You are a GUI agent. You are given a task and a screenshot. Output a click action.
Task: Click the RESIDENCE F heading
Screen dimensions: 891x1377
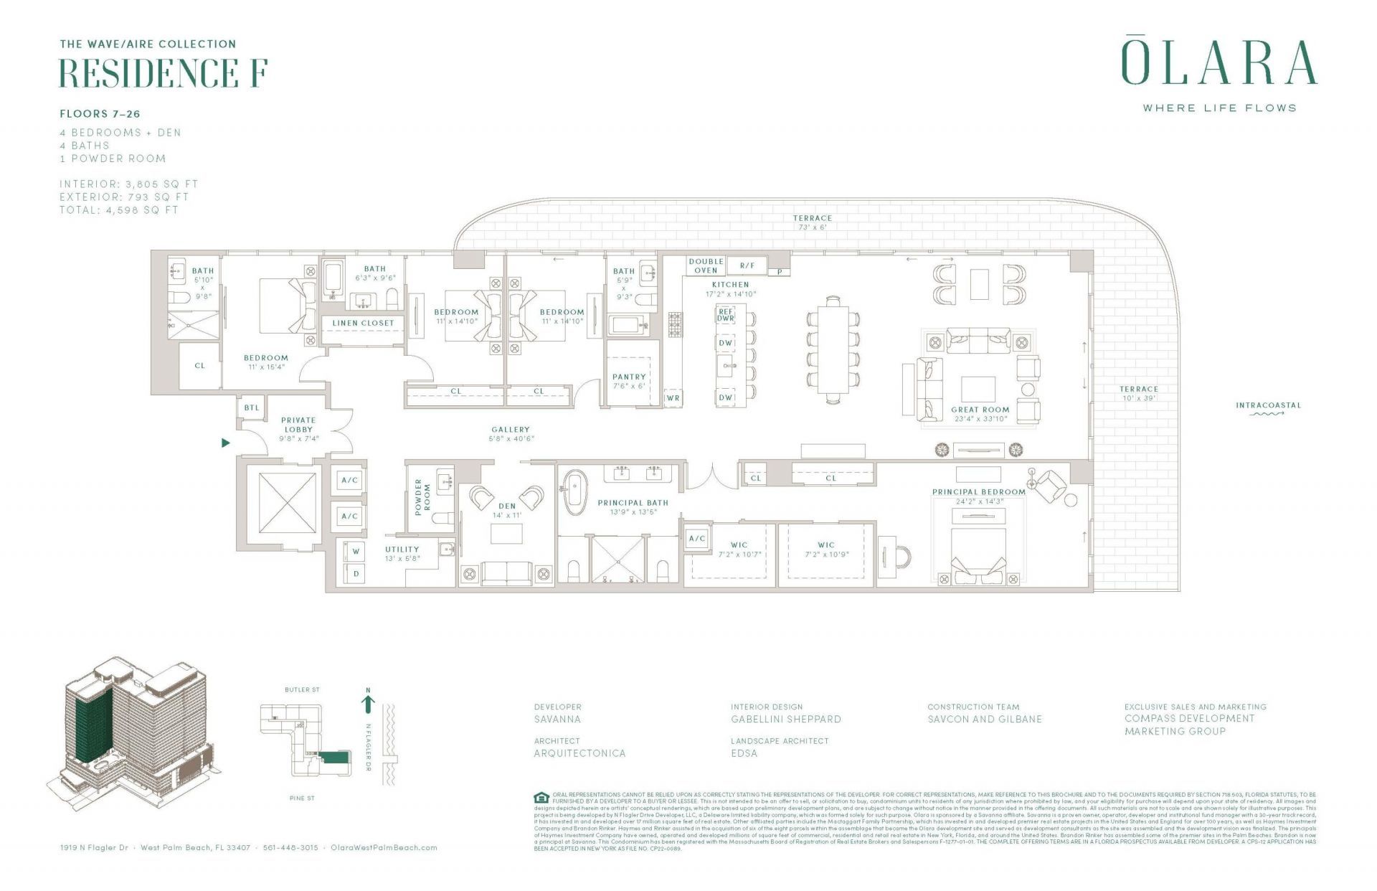pyautogui.click(x=164, y=73)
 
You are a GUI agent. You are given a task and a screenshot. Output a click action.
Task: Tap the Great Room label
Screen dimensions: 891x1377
pyautogui.click(x=980, y=410)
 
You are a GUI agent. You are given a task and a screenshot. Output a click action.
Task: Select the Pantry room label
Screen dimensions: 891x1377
pyautogui.click(x=629, y=377)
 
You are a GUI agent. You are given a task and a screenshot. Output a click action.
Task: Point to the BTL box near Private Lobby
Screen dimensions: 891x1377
pyautogui.click(x=252, y=407)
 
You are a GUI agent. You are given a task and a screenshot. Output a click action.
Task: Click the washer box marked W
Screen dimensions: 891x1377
pyautogui.click(x=356, y=552)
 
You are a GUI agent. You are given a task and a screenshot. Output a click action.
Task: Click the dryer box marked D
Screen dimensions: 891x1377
pyautogui.click(x=356, y=574)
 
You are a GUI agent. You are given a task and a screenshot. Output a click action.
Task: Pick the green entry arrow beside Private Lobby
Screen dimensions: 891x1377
pyautogui.click(x=226, y=443)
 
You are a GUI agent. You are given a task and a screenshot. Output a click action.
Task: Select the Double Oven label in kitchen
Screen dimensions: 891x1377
pyautogui.click(x=706, y=265)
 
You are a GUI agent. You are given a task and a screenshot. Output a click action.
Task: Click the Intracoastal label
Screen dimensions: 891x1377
pyautogui.click(x=1267, y=405)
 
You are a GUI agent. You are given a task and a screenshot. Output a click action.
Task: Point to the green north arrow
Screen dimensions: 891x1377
pyautogui.click(x=368, y=702)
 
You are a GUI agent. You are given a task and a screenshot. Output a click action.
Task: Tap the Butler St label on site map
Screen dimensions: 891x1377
pyautogui.click(x=302, y=689)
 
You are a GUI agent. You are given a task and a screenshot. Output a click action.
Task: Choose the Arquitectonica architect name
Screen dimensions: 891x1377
pyautogui.click(x=579, y=753)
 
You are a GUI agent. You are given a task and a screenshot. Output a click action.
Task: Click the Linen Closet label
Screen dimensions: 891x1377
pyautogui.click(x=363, y=323)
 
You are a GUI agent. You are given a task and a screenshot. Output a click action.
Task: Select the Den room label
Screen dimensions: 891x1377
pyautogui.click(x=507, y=506)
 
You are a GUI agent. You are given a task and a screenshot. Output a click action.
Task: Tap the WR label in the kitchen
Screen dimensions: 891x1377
pyautogui.click(x=673, y=397)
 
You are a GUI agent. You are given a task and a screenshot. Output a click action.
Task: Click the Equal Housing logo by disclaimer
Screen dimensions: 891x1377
pyautogui.click(x=541, y=798)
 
